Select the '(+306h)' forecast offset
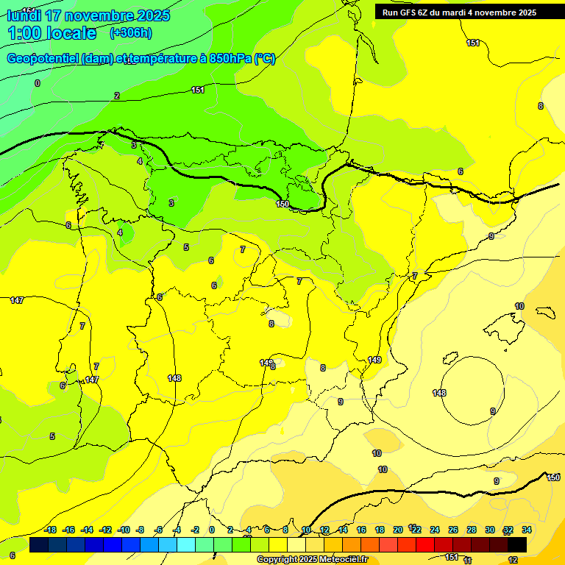pos(130,33)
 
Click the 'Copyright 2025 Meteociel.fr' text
pos(312,560)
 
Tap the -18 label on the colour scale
pos(51,530)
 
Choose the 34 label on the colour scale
pos(526,530)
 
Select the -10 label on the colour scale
pos(123,530)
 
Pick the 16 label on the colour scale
pos(361,530)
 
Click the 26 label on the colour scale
pos(453,530)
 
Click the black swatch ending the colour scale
pos(517,544)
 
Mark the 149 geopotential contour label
pos(374,360)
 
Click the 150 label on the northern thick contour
pos(282,204)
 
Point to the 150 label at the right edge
pos(553,477)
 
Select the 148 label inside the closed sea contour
pos(439,393)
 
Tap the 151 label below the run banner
pos(473,43)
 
